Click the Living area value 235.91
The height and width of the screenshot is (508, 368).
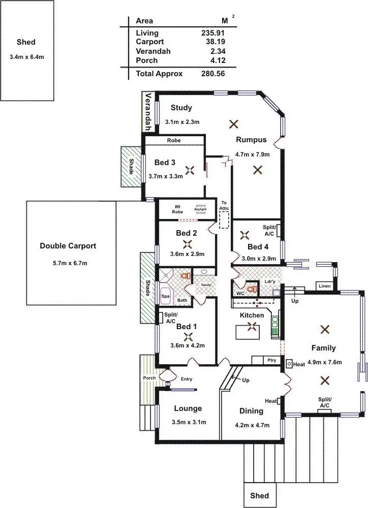213,33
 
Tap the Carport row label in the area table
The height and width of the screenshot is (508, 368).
149,42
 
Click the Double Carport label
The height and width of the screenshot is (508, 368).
68,246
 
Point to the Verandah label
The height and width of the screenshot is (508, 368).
149,112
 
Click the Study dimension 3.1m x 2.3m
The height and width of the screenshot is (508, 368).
181,122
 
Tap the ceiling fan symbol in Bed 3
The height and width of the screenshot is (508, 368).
190,171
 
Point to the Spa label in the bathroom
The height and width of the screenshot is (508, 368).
165,295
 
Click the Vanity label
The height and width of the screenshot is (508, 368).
206,285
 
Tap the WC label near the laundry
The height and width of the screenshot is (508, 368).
240,293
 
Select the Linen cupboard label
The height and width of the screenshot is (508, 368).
324,287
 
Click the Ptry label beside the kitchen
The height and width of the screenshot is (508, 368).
272,360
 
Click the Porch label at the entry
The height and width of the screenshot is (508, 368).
149,378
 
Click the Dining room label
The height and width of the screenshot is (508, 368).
251,411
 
